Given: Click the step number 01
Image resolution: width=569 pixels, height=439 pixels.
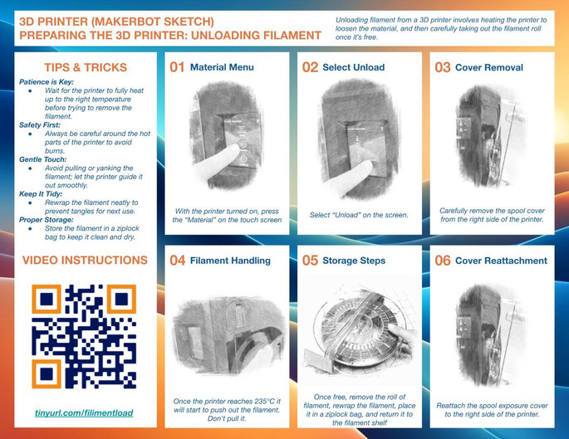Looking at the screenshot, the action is tap(177, 67).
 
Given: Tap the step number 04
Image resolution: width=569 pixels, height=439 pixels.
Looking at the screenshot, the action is tap(178, 261).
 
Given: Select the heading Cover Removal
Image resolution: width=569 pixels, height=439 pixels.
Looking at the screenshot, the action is tap(489, 67).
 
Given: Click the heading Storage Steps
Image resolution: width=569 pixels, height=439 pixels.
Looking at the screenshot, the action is tap(354, 261).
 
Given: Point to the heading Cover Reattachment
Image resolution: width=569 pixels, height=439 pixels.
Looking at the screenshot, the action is tap(501, 261).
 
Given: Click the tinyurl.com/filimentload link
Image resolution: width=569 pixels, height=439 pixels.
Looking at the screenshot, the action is tap(84, 413).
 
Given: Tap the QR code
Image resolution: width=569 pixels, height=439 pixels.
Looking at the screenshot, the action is tap(84, 336).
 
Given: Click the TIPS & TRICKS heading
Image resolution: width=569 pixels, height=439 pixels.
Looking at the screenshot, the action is tap(86, 67).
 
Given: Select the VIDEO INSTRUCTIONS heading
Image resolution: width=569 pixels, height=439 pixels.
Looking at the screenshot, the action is tap(85, 260).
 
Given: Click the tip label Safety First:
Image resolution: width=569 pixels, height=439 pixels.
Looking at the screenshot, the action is tap(40, 125).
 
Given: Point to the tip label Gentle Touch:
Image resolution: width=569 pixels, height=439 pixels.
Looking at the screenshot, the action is tap(43, 159).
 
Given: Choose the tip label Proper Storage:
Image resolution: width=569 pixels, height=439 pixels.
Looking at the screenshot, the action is tap(46, 220).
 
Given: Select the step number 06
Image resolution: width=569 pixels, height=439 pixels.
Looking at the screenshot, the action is tap(443, 261).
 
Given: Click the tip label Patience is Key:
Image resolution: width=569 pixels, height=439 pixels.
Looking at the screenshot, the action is tap(47, 82).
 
